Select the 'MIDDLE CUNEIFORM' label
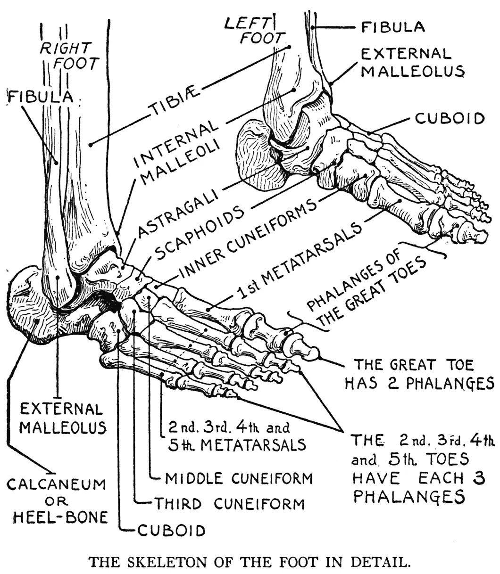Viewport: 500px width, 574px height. click(239, 478)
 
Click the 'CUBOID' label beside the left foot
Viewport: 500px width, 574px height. click(450, 118)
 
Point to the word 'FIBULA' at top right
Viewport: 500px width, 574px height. click(393, 27)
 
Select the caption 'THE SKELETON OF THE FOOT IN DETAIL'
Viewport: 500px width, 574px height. click(250, 562)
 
